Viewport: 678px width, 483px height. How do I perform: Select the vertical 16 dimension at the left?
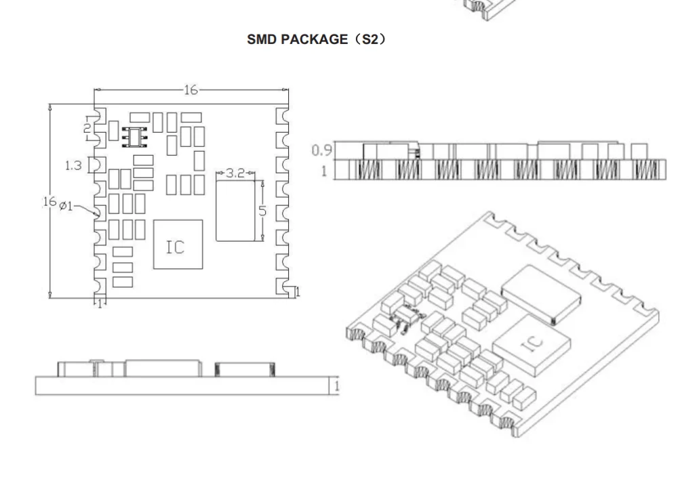coord(48,201)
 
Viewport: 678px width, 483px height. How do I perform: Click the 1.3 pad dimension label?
coord(74,165)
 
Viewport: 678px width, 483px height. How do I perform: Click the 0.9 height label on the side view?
coord(322,149)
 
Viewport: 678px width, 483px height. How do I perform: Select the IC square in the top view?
coord(178,244)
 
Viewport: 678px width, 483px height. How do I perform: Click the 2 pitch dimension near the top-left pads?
coord(87,127)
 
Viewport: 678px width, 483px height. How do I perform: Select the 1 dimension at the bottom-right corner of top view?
coord(298,291)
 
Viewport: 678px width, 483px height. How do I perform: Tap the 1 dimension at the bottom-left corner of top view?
coord(99,303)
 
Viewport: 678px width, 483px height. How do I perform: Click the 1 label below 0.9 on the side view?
coord(323,170)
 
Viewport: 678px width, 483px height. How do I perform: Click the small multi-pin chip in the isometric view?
coord(408,316)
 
